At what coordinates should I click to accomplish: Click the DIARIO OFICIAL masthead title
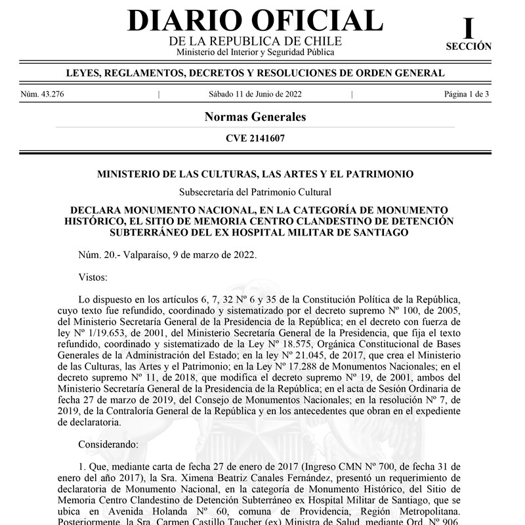point(255,20)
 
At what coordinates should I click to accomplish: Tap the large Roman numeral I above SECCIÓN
point(468,28)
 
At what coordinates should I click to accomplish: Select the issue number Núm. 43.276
point(42,94)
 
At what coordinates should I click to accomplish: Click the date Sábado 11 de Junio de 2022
point(255,94)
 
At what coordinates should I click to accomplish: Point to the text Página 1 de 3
point(467,94)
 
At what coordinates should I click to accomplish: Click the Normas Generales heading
point(255,117)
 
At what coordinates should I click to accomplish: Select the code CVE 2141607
point(255,138)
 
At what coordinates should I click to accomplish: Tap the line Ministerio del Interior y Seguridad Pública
point(255,52)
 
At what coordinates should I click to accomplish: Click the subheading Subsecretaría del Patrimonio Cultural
point(255,192)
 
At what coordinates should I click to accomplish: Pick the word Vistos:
point(93,277)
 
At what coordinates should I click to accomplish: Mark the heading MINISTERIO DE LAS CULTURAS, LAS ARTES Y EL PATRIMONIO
point(255,174)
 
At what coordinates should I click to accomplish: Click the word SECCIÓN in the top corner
point(468,47)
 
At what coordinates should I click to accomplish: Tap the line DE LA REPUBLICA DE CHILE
point(255,41)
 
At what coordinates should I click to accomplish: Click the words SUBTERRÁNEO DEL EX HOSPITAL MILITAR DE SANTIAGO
point(255,232)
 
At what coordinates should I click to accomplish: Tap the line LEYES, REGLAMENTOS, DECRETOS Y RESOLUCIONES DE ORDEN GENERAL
point(255,73)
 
